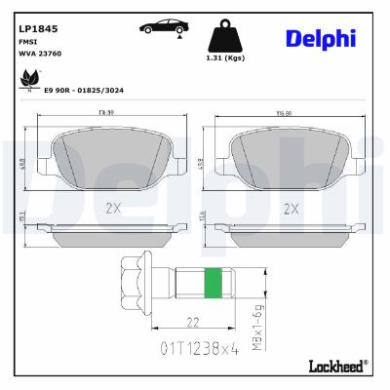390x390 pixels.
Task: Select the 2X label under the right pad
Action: (x=289, y=208)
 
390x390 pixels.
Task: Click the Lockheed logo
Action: (x=334, y=367)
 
